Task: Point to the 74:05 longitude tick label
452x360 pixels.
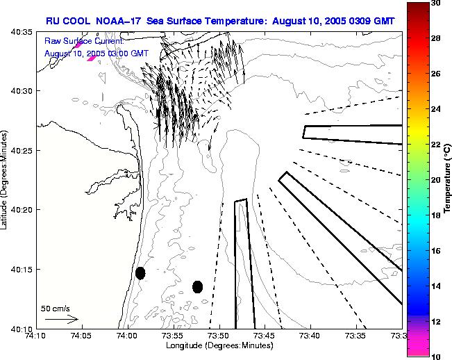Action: tap(81, 336)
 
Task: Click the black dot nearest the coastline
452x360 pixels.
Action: tap(140, 273)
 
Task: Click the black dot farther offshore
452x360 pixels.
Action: tap(197, 286)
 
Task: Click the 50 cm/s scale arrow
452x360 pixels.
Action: tap(61, 320)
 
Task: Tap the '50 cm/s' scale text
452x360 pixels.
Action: tap(56, 308)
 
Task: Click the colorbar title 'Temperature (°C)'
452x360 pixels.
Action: tap(449, 180)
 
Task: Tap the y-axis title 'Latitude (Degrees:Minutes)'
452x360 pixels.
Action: tap(6, 180)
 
